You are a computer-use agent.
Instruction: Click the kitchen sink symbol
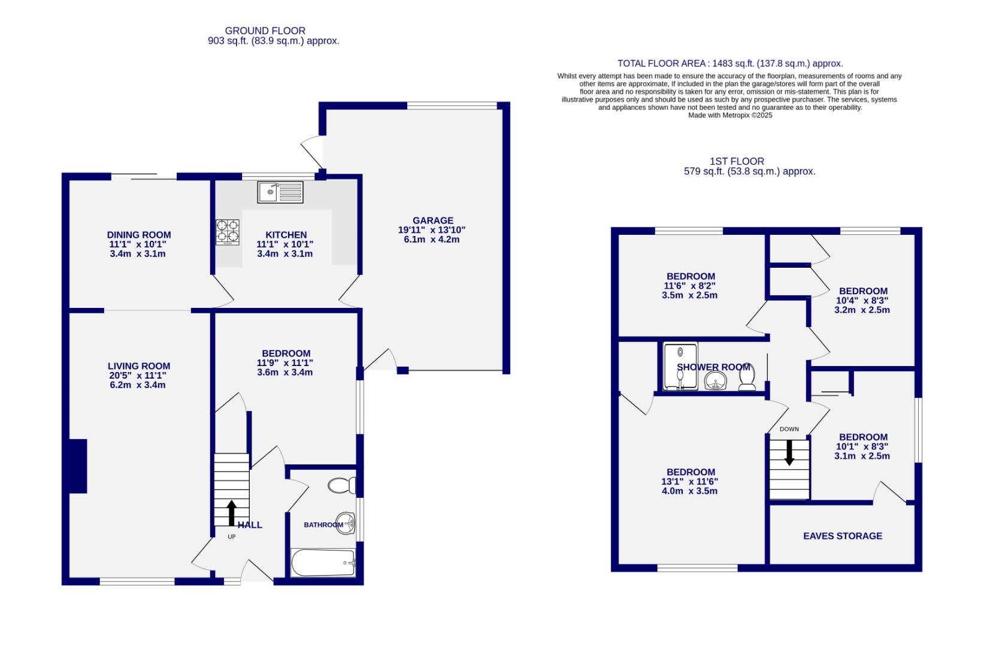[x=280, y=192]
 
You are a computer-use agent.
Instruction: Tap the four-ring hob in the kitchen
[x=228, y=232]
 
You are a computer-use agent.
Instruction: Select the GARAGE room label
[x=432, y=220]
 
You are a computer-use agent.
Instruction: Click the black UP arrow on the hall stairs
[x=231, y=513]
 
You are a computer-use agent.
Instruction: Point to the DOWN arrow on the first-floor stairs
[x=789, y=452]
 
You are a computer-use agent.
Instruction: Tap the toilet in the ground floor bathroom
[x=342, y=485]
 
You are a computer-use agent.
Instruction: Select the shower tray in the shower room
[x=680, y=366]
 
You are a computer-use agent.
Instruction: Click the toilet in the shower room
[x=747, y=378]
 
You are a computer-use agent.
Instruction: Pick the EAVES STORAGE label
[x=842, y=536]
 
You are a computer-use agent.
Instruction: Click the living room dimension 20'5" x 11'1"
[x=138, y=376]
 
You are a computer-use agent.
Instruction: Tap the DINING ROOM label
[x=139, y=235]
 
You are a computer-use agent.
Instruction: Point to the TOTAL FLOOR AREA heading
[x=730, y=64]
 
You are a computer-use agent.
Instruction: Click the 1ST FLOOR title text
[x=737, y=161]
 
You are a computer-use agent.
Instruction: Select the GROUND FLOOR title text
[x=265, y=31]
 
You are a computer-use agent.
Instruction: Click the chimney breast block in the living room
[x=78, y=466]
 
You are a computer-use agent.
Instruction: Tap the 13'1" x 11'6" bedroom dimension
[x=689, y=482]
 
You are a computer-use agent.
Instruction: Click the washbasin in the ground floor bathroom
[x=346, y=523]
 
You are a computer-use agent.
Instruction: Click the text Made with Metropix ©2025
[x=730, y=116]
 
